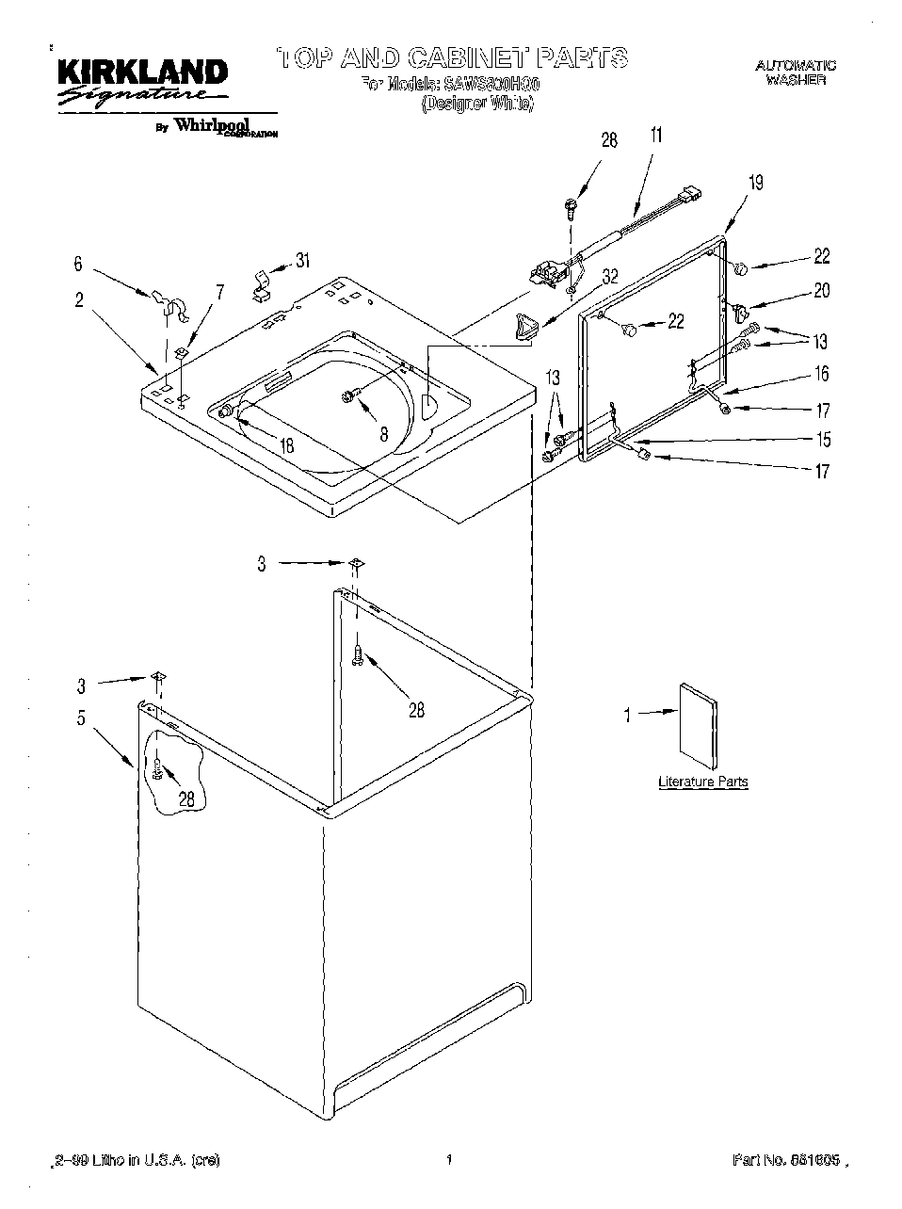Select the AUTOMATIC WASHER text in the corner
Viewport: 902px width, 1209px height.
(796, 73)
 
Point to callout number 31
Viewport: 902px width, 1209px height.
(302, 261)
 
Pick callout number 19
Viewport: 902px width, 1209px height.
(755, 183)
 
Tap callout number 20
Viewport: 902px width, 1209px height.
(821, 291)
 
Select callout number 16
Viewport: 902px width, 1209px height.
(821, 374)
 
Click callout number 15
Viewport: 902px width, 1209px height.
(822, 439)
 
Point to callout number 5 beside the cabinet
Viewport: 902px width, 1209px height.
(81, 718)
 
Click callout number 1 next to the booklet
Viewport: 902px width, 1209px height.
(626, 716)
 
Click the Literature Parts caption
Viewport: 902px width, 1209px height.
(702, 782)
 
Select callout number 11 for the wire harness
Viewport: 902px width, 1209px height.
(656, 135)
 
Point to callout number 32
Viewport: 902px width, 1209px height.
(610, 276)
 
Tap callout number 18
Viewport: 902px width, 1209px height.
(287, 445)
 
